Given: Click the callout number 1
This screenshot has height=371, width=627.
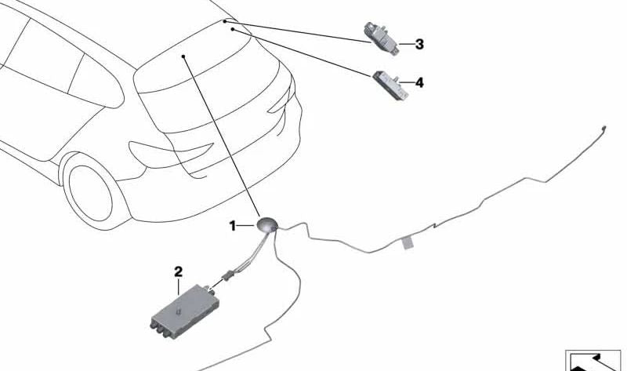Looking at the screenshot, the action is click(x=232, y=226).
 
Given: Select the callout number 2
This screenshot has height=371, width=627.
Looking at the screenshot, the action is click(x=179, y=272).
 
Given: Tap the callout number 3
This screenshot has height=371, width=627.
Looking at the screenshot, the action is click(x=419, y=44).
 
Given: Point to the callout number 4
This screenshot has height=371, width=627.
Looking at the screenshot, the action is click(x=419, y=83).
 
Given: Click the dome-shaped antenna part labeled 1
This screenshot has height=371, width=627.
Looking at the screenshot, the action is click(x=267, y=224).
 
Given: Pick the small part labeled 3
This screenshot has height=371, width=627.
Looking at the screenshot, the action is click(x=381, y=38).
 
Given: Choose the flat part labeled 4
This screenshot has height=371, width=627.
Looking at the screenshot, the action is click(x=390, y=85).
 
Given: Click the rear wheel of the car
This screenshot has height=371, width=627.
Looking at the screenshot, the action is click(x=90, y=193).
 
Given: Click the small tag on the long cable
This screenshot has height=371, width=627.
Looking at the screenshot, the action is click(x=407, y=242).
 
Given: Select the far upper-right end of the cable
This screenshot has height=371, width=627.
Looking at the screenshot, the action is click(x=603, y=128).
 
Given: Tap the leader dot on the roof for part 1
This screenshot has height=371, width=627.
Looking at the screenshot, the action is click(x=183, y=56).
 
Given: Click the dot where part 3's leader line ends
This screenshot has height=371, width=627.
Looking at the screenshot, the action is click(x=225, y=21).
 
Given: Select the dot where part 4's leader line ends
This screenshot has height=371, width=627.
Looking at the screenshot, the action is click(x=232, y=29).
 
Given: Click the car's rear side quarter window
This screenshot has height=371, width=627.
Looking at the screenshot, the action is click(x=95, y=82).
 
